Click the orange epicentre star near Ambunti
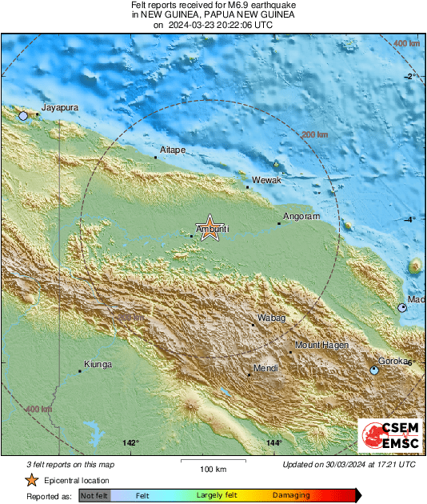click(x=210, y=227)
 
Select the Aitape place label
click(x=173, y=150)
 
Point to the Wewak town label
click(x=266, y=181)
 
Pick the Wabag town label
click(x=271, y=318)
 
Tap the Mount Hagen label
click(x=322, y=345)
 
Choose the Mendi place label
click(x=265, y=368)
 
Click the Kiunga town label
click(x=98, y=364)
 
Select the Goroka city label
click(x=393, y=361)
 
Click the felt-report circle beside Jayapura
click(x=23, y=116)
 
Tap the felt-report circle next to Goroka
click(x=373, y=370)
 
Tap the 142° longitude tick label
click(x=131, y=442)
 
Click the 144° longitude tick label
click(x=274, y=442)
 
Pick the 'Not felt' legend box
click(x=94, y=496)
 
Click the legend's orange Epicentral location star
click(x=31, y=480)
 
